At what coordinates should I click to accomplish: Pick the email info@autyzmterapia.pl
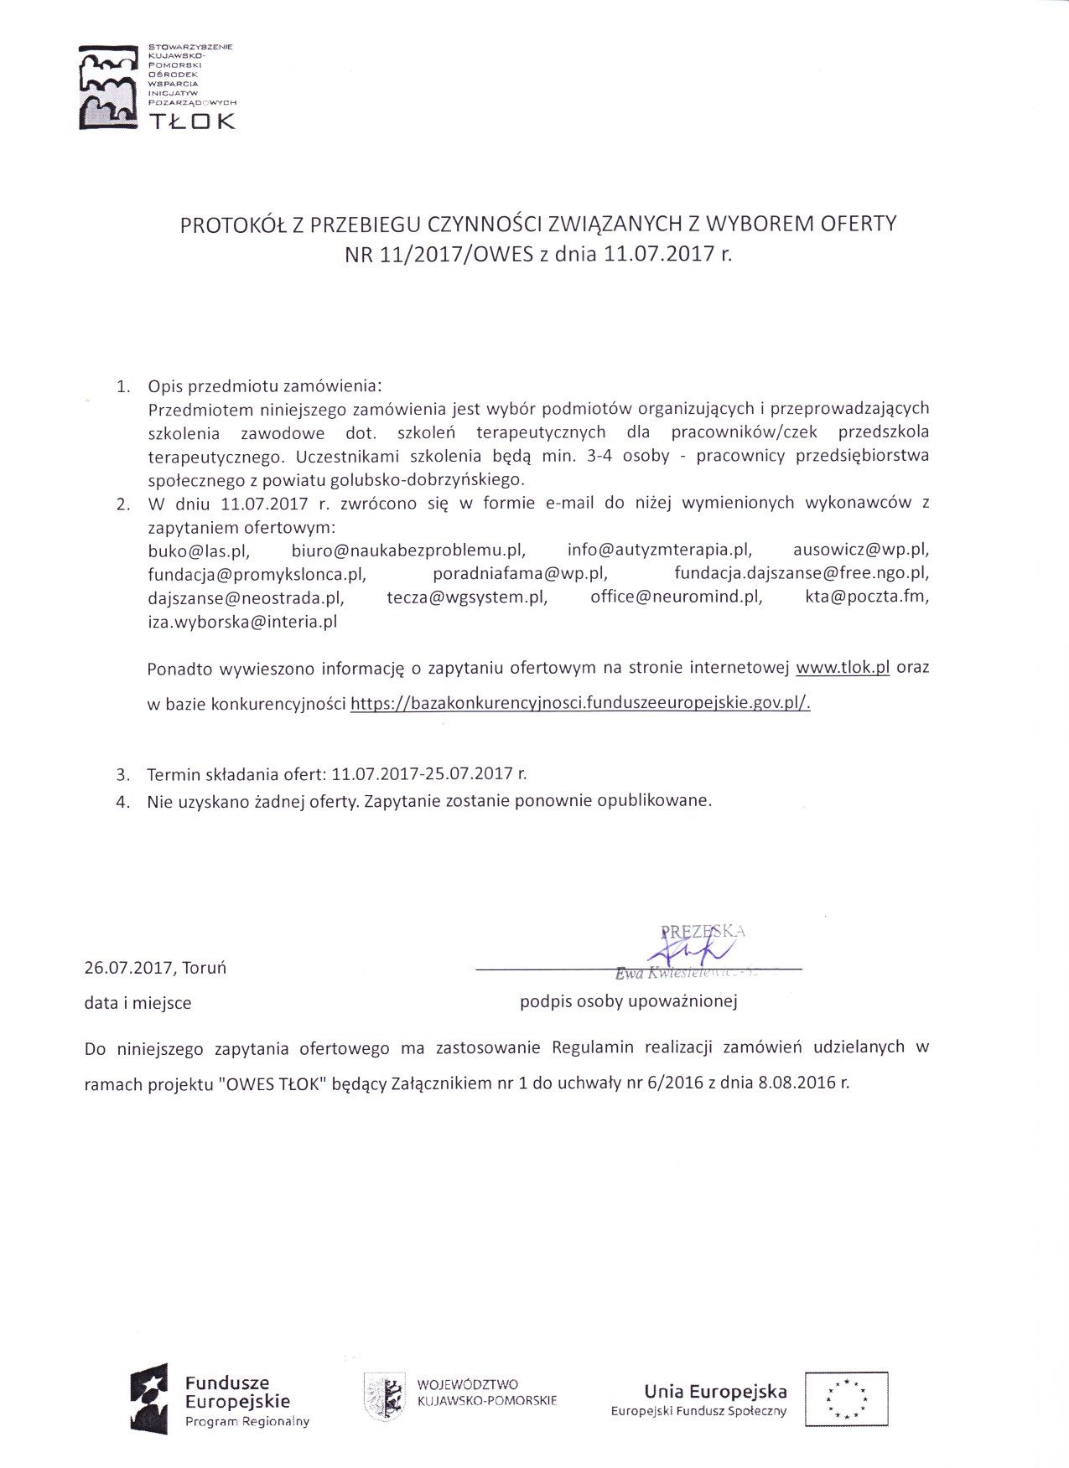pyautogui.click(x=659, y=550)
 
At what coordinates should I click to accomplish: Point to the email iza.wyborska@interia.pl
pyautogui.click(x=242, y=622)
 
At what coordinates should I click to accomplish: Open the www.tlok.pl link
pyautogui.click(x=842, y=669)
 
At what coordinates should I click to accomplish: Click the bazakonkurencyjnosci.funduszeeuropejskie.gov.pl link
pyautogui.click(x=580, y=704)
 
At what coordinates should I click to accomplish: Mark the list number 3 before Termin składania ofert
pyautogui.click(x=122, y=774)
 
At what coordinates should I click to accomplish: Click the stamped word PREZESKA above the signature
pyautogui.click(x=703, y=931)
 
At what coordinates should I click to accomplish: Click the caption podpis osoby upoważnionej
pyautogui.click(x=628, y=1001)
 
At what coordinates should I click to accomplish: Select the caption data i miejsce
pyautogui.click(x=138, y=1003)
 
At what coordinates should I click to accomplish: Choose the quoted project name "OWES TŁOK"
pyautogui.click(x=272, y=1083)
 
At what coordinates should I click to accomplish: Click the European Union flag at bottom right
pyautogui.click(x=846, y=1398)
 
